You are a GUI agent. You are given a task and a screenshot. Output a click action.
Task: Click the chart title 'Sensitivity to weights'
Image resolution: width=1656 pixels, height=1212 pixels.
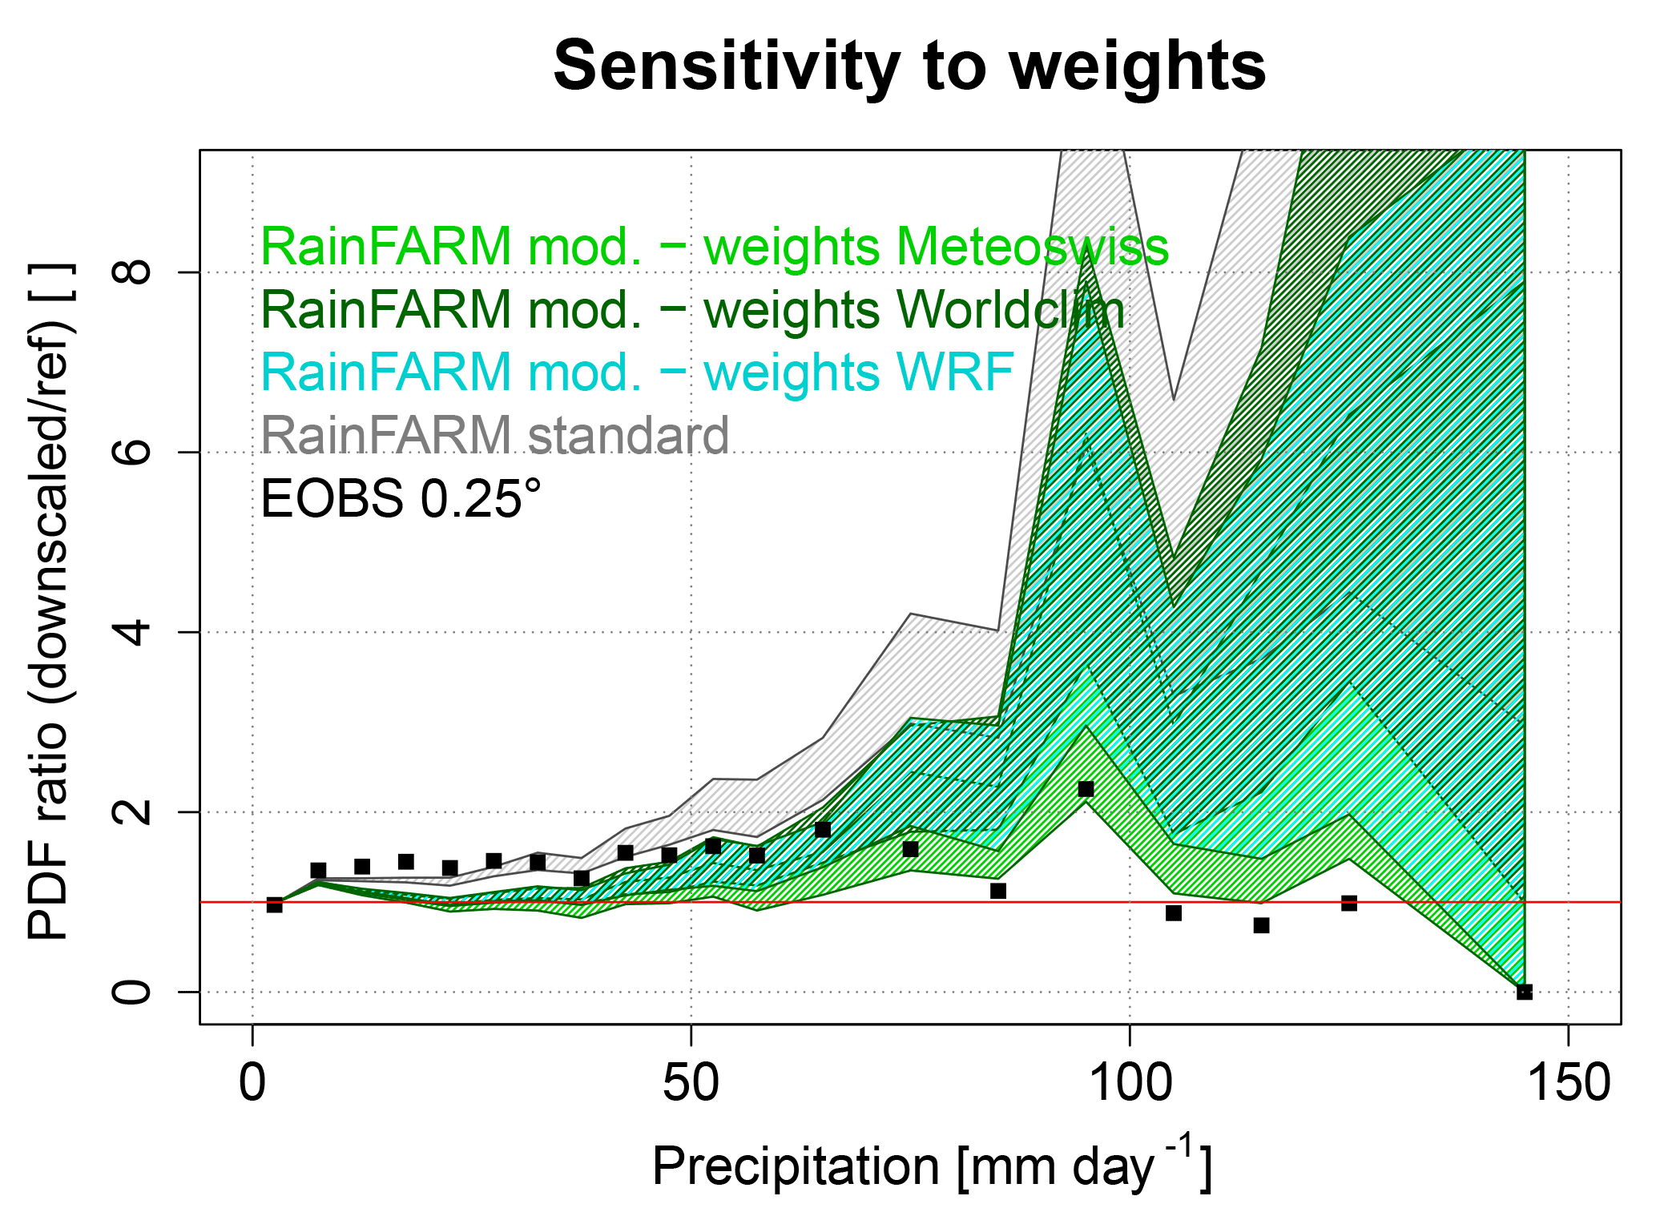pos(909,67)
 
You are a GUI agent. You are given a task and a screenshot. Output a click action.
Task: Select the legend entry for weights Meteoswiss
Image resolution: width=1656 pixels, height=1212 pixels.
pos(715,247)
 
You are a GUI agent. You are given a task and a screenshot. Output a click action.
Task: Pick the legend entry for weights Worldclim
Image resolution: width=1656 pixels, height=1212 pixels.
pos(692,310)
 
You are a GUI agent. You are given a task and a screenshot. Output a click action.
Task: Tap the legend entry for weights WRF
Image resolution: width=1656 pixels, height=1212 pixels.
pos(637,372)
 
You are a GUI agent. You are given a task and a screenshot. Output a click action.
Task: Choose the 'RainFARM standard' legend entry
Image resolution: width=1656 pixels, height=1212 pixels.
pos(494,436)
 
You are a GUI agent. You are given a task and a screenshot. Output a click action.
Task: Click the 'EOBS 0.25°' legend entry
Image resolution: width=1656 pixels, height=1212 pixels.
pos(401,498)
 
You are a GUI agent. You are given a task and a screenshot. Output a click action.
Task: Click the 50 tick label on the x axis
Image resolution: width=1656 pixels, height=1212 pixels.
pos(691,1083)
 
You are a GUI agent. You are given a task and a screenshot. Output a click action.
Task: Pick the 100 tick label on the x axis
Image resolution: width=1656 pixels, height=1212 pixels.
pos(1130,1083)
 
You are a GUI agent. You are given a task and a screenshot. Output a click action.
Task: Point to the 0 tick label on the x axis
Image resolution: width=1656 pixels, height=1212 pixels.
pos(252,1083)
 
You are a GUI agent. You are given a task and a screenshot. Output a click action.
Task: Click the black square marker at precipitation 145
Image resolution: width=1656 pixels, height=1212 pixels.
pos(1525,992)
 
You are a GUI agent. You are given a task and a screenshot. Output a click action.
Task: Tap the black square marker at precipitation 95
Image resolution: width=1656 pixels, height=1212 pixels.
pos(1086,789)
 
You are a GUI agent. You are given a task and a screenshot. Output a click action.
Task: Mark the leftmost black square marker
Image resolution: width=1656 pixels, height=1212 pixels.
pos(274,904)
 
